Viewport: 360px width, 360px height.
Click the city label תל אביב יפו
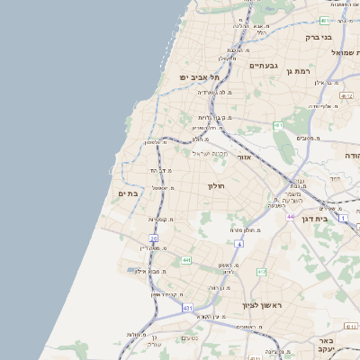pyautogui.click(x=200, y=77)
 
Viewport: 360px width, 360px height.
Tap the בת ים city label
pyautogui.click(x=127, y=193)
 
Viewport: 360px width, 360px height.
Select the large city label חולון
pyautogui.click(x=215, y=185)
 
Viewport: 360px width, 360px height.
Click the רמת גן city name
pyautogui.click(x=295, y=69)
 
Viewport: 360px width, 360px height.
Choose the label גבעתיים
pyautogui.click(x=265, y=65)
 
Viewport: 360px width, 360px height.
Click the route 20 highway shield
pyautogui.click(x=154, y=238)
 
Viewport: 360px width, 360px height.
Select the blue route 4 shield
pyautogui.click(x=238, y=244)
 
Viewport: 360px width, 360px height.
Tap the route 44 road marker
pyautogui.click(x=291, y=217)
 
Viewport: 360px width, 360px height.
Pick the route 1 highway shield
pyautogui.click(x=343, y=218)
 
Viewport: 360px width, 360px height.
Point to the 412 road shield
pyautogui.click(x=261, y=271)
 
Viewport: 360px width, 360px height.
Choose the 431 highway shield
pyautogui.click(x=187, y=308)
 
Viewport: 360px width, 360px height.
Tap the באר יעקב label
pyautogui.click(x=325, y=347)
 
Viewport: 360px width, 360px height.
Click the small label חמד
pyautogui.click(x=335, y=178)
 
